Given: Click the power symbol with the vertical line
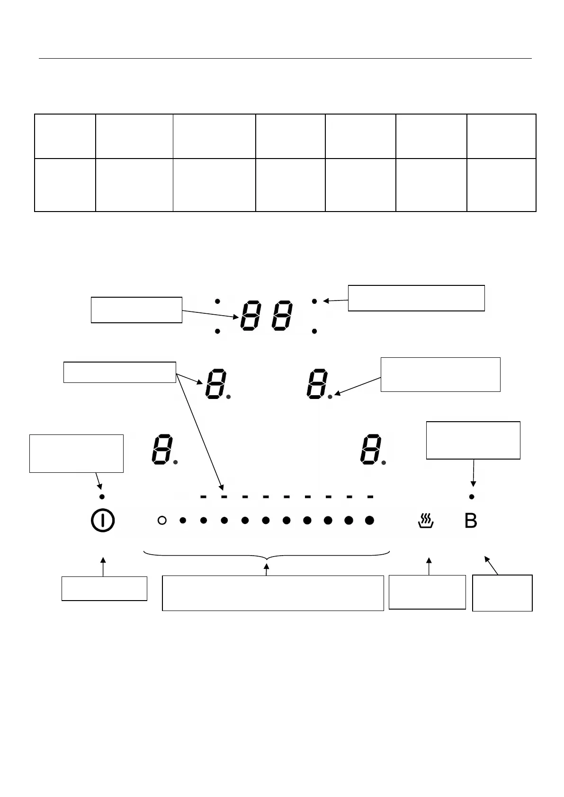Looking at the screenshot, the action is (x=102, y=521).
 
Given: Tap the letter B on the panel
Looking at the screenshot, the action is (x=471, y=521).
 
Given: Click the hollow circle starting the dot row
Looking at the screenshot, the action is (x=162, y=521).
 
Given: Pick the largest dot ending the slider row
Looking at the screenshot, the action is (x=370, y=521).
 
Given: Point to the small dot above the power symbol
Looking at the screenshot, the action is (x=102, y=496).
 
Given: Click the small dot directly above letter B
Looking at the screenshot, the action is (x=472, y=496).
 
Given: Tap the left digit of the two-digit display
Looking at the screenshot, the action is (x=251, y=316).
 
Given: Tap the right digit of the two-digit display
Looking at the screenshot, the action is (x=281, y=316).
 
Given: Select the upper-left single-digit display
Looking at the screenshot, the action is (x=215, y=384).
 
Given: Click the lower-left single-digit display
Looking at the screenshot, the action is (x=162, y=448).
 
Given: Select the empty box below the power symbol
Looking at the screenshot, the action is (x=104, y=588).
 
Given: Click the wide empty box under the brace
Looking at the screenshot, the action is (x=273, y=593).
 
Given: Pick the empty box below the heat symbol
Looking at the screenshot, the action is (x=427, y=592).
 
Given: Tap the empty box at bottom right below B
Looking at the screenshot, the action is (x=502, y=593).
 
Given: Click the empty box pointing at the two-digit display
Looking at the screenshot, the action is (x=136, y=310).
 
